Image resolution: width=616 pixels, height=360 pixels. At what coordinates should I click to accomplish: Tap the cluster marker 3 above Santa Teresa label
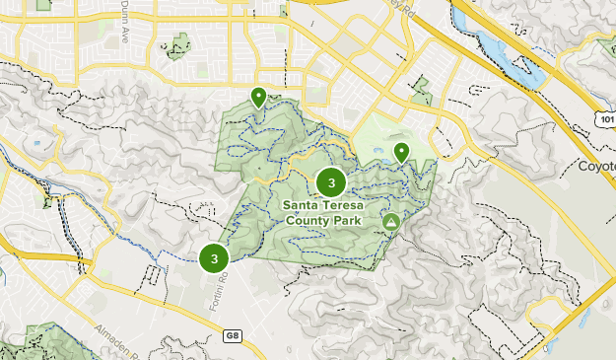coord(331,182)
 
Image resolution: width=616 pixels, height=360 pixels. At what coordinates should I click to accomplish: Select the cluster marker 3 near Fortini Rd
coord(214,258)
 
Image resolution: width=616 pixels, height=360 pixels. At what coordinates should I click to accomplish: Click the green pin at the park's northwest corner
coord(258,98)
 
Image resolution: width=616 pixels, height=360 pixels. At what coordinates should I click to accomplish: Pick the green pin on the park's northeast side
coord(402,152)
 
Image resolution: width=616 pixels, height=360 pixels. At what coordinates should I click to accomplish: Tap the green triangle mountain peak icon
coord(391,222)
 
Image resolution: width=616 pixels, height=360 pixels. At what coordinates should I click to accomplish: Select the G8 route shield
coord(232,335)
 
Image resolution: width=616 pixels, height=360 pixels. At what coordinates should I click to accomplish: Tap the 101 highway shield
coord(605,117)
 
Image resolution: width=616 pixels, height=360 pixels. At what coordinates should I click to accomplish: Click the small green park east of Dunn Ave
coord(178,45)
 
